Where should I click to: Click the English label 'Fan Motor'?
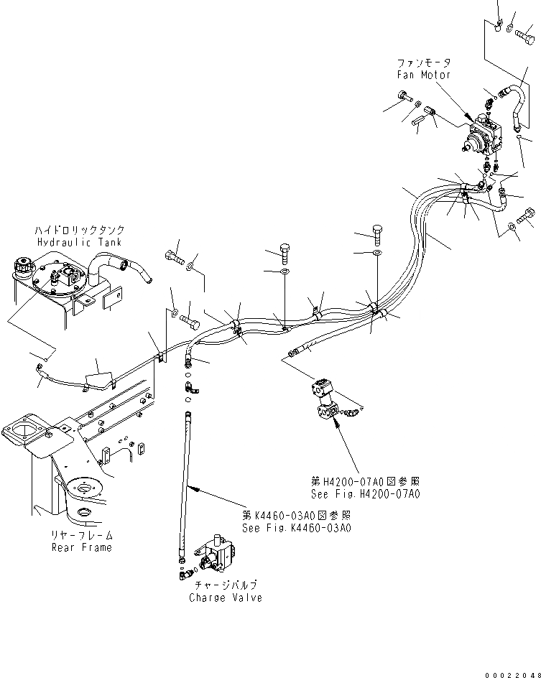[424, 75]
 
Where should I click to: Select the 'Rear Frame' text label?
[81, 547]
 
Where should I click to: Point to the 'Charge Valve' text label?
[226, 598]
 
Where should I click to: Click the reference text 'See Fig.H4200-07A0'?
[365, 494]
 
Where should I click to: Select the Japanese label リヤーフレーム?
[81, 536]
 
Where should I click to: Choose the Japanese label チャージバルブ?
[226, 585]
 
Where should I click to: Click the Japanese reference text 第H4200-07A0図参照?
[366, 482]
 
